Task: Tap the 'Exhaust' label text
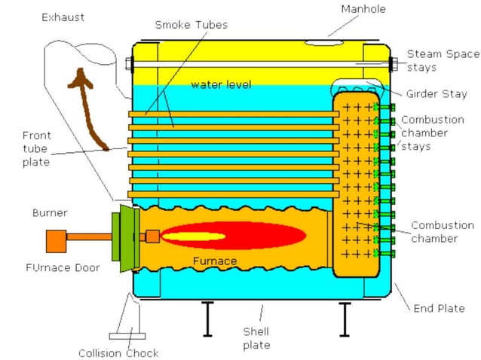click(x=63, y=17)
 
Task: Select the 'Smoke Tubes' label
click(x=191, y=25)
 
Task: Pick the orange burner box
click(x=56, y=241)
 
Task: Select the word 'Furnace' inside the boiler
click(x=214, y=261)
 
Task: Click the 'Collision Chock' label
click(x=118, y=352)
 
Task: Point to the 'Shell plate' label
click(x=256, y=338)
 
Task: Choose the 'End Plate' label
click(x=440, y=308)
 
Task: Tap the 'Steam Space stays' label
click(x=443, y=60)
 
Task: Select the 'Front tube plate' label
click(x=36, y=148)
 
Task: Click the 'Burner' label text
click(x=50, y=213)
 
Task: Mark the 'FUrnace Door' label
click(x=66, y=267)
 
